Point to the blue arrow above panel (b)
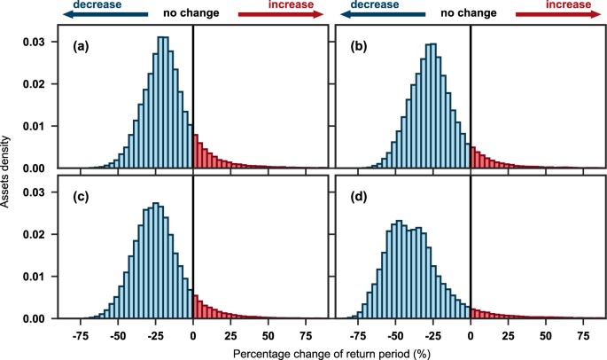(x=381, y=15)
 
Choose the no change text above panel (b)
(x=471, y=15)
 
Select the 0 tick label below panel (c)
(x=193, y=336)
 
